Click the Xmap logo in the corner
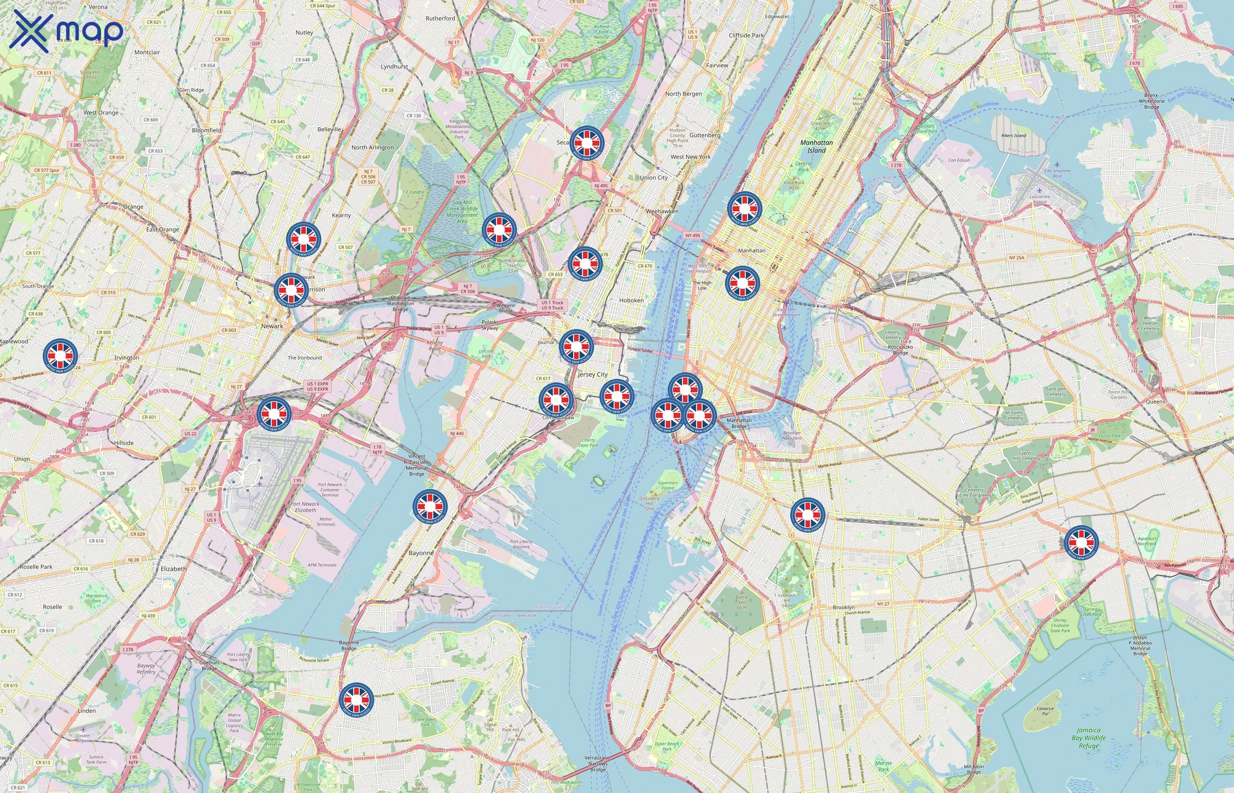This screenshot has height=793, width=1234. (67, 31)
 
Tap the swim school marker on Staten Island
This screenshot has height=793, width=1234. (356, 699)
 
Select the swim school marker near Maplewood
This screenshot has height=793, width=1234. (60, 355)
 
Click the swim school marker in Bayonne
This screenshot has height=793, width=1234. (430, 507)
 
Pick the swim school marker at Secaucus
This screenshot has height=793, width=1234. (587, 142)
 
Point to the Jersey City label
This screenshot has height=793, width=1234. (592, 374)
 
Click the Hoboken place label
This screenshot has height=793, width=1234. (632, 300)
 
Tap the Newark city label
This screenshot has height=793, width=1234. (272, 326)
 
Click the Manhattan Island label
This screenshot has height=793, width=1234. (816, 146)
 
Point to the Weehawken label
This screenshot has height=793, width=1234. (662, 211)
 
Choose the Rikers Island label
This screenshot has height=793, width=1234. (1014, 135)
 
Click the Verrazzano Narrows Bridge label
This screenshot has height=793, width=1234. (598, 763)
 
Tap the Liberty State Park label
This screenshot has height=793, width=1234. (588, 443)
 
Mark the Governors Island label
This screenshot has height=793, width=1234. (668, 485)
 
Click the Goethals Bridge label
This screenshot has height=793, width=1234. (209, 665)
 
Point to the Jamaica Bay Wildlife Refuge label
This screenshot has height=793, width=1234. (1088, 737)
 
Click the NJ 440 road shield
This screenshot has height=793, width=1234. (457, 433)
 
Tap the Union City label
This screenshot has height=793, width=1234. (654, 178)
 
